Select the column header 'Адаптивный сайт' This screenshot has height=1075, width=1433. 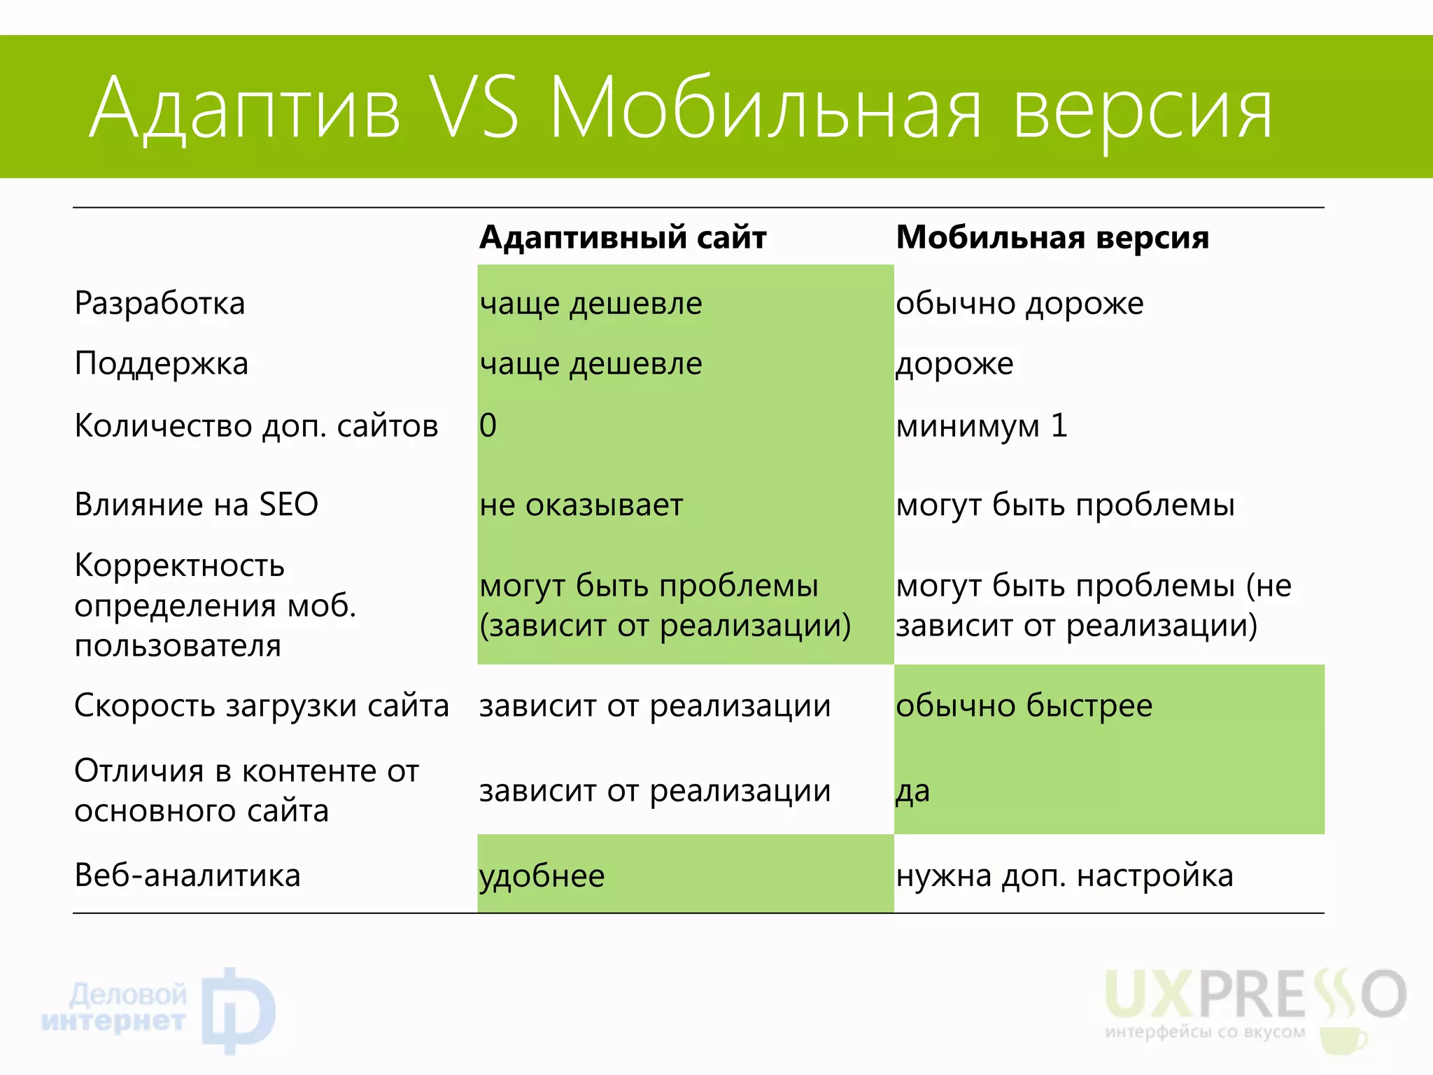coord(623,237)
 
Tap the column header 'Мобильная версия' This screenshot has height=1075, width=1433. coord(1052,237)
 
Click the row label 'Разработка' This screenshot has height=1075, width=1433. coord(160,304)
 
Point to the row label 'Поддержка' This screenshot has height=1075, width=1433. coord(161,364)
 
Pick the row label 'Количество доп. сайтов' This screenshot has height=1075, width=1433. coord(256,426)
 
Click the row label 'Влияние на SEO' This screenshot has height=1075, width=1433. coord(196,505)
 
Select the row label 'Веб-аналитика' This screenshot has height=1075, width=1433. coord(187,876)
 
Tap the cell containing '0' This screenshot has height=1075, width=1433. coord(488,426)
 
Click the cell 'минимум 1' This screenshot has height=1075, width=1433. coord(981,426)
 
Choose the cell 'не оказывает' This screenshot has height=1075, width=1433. coord(581,505)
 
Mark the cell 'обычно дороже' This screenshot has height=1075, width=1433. coord(1019,304)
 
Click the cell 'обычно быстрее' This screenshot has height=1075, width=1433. coord(1024,705)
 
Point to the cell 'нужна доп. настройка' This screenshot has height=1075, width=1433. coord(1064,876)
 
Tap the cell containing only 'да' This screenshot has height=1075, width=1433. coord(912,792)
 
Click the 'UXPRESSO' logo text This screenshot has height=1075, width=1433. coord(1255,995)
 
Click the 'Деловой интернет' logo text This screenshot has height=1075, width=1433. coord(115,1008)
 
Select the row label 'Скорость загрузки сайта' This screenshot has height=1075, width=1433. coord(261,705)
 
